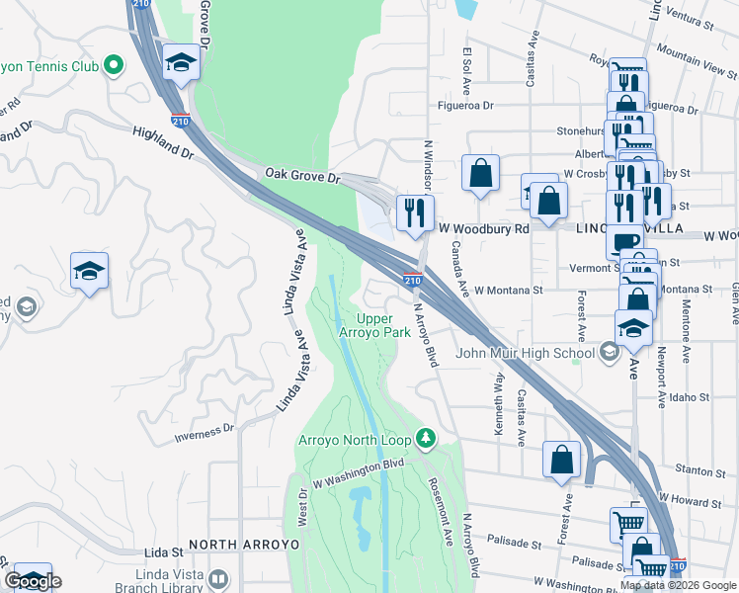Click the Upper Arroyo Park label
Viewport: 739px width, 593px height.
382,325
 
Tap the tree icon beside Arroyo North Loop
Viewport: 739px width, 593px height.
426,437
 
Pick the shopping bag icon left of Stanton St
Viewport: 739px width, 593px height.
561,459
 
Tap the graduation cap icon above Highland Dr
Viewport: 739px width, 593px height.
182,63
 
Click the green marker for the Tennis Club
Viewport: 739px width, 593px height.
114,66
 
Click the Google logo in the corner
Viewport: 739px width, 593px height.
33,581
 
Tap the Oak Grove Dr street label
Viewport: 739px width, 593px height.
301,175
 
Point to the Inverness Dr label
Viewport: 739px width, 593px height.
204,429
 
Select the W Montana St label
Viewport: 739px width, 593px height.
509,291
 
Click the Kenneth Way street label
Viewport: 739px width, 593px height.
499,402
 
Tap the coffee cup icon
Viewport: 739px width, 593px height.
623,241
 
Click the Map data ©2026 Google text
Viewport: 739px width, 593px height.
677,585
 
